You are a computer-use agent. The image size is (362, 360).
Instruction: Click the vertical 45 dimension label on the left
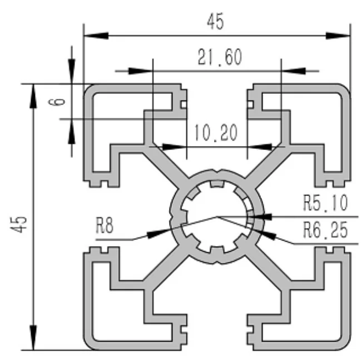pyautogui.click(x=21, y=224)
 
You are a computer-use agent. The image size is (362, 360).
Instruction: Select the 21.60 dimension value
pyautogui.click(x=219, y=57)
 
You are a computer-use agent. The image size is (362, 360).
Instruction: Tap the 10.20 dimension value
pyautogui.click(x=215, y=133)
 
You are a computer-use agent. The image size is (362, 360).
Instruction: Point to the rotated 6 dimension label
pyautogui.click(x=61, y=101)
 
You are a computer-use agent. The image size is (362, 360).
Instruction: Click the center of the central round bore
pyautogui.click(x=217, y=217)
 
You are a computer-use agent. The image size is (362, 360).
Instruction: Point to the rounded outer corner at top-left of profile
pyautogui.click(x=89, y=90)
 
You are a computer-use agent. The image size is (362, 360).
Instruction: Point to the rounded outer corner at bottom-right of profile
pyautogui.click(x=345, y=344)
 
